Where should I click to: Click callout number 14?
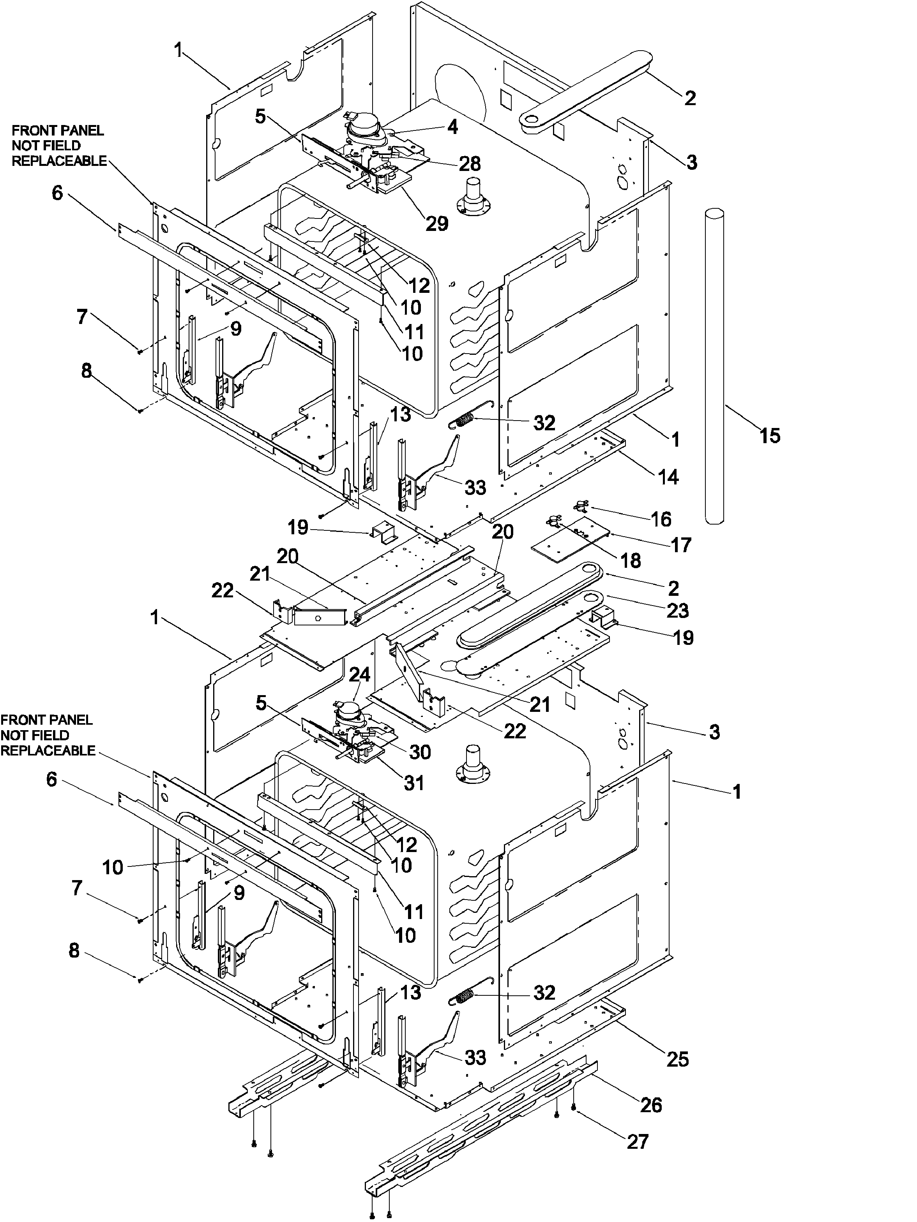[x=668, y=476]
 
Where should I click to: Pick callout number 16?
[x=661, y=519]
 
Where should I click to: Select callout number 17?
[x=681, y=545]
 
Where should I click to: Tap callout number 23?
[x=678, y=611]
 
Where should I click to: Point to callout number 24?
[x=360, y=676]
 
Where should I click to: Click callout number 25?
[x=678, y=1059]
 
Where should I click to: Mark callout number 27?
[x=637, y=1141]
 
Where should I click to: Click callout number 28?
[x=469, y=164]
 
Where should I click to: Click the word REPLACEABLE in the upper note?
[x=59, y=161]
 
